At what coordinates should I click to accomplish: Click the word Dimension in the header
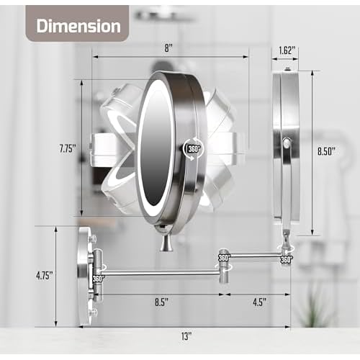click(78, 26)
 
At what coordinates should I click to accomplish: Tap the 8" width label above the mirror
click(168, 48)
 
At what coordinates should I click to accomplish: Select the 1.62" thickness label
click(285, 50)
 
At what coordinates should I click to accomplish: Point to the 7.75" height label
click(68, 148)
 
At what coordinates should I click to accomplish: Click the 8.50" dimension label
click(326, 151)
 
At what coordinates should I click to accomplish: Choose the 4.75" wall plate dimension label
click(45, 276)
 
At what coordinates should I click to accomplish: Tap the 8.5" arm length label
click(161, 302)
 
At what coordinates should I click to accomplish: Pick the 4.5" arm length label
click(260, 302)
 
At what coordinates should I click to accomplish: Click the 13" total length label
click(186, 336)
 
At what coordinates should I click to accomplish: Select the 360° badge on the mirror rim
click(194, 149)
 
